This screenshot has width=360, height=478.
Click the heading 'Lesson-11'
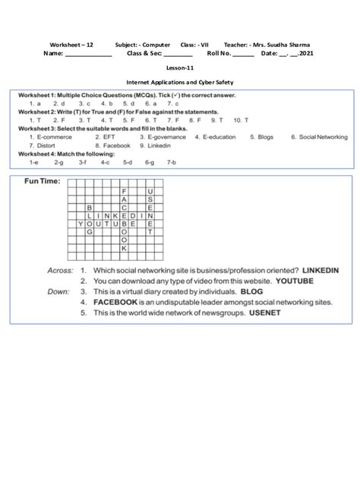pos(181,68)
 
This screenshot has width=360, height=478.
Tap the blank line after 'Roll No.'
pos(243,55)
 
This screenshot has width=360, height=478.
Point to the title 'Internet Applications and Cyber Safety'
pos(180,80)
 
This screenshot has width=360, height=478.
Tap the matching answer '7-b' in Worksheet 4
pos(171,162)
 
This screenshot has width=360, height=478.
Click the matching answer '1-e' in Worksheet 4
pos(34,162)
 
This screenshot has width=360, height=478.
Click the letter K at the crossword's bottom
pos(123,248)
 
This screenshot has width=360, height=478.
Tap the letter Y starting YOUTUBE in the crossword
pos(81,225)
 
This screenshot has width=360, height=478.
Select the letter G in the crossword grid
pos(90,232)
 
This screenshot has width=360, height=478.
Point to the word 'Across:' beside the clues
pos(61,270)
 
